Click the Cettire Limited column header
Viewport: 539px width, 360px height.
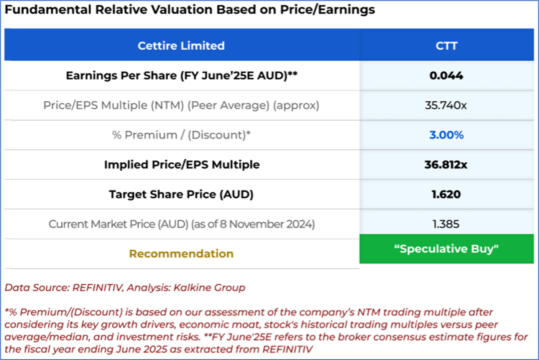[x=181, y=45]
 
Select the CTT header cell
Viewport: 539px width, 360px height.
[x=446, y=45]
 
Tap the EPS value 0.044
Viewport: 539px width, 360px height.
[x=446, y=76]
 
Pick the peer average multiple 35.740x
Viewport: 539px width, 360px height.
[x=446, y=106]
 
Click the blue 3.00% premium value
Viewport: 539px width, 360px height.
[x=446, y=135]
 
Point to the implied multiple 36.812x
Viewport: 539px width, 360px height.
[x=446, y=165]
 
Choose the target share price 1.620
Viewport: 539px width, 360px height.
[x=446, y=194]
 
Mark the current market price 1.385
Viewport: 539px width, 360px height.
[x=446, y=224]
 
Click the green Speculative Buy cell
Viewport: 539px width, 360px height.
[x=446, y=249]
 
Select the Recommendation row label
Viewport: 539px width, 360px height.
[x=181, y=254]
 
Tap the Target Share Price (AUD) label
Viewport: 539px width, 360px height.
[x=181, y=194]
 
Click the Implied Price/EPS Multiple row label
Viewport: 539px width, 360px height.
[x=181, y=165]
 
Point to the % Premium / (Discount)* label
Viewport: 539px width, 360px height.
[x=181, y=135]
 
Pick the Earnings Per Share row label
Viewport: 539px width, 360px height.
[x=181, y=76]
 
